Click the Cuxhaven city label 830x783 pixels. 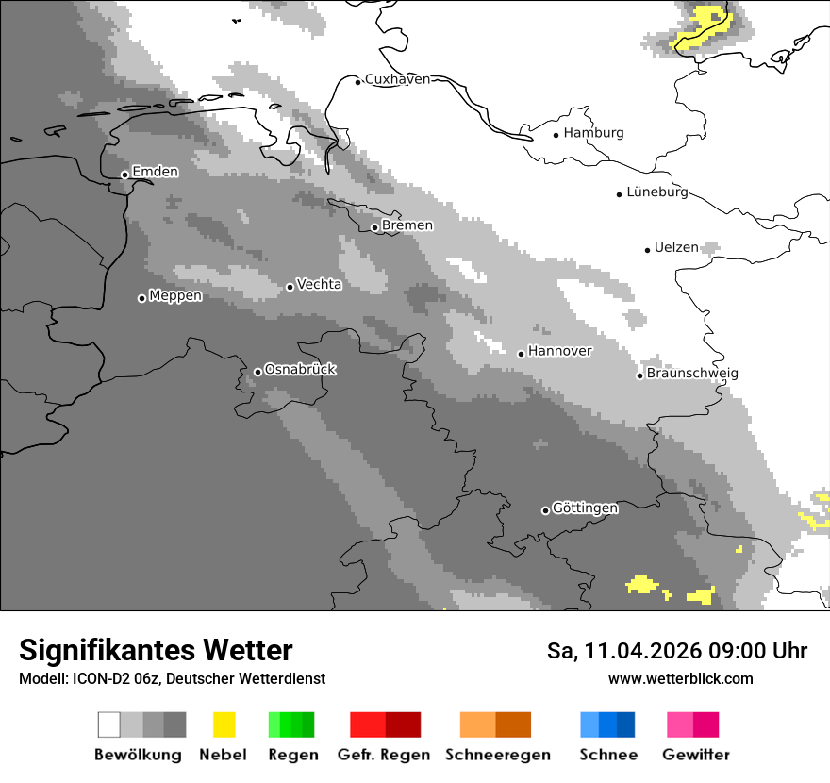[397, 79]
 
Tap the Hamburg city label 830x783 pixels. [593, 133]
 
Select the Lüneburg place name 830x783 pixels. [657, 192]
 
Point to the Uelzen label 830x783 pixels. [676, 248]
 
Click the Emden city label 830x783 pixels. [155, 172]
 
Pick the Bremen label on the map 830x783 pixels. [407, 225]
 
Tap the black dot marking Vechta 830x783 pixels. [290, 287]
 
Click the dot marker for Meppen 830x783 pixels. [141, 298]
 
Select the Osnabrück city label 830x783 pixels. [300, 370]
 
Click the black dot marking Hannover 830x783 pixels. [521, 354]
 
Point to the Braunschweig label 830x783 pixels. [692, 374]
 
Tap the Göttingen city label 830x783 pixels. [585, 508]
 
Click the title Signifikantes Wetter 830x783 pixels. [156, 650]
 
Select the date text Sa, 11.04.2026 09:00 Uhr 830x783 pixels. [677, 651]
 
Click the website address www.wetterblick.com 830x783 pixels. [680, 678]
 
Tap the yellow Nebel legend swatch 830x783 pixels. [224, 725]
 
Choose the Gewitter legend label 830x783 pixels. [696, 755]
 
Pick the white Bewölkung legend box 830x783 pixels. [109, 725]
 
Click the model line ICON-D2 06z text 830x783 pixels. [172, 678]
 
